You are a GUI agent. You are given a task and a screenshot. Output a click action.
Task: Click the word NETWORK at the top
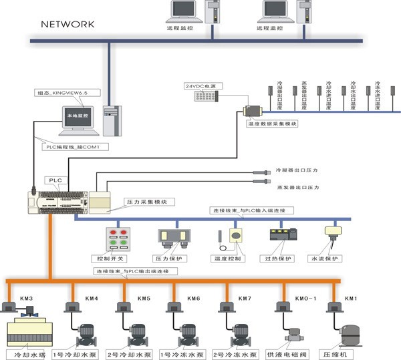coord(68,24)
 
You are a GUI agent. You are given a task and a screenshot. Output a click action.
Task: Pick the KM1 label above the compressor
coord(351,298)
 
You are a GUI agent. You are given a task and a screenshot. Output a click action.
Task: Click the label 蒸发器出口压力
coord(297,188)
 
